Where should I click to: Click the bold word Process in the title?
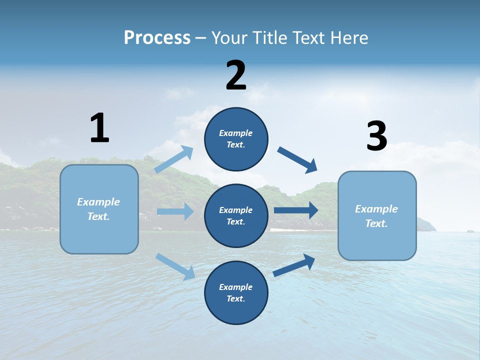(157, 38)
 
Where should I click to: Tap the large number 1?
(99, 128)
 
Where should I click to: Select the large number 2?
(236, 75)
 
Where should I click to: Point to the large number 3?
(376, 136)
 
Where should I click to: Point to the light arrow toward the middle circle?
(175, 211)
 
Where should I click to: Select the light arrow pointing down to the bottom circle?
(175, 266)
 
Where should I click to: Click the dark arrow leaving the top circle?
(297, 160)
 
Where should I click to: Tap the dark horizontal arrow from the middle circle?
(296, 210)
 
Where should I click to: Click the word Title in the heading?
(270, 38)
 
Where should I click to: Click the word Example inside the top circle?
(236, 133)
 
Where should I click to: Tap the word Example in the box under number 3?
(376, 209)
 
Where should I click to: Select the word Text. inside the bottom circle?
(236, 298)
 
